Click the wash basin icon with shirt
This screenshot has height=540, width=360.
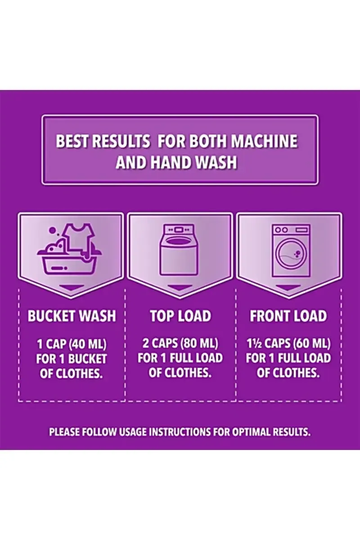pos(69,249)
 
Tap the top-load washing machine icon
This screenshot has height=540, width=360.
pos(179,250)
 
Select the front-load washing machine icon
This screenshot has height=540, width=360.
pos(291,251)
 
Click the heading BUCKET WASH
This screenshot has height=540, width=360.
pos(72,315)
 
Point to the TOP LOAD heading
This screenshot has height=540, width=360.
pos(180,315)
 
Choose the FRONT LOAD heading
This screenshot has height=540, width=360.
pos(288,315)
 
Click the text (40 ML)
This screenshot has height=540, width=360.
pos(88,344)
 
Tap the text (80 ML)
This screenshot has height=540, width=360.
pos(200,343)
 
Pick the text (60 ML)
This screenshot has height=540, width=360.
pos(312,343)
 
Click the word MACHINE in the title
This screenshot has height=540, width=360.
pos(264,141)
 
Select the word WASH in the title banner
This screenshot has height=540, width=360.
pos(216,162)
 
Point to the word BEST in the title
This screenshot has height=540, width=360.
pos(73,141)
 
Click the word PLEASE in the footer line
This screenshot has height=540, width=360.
pos(64,432)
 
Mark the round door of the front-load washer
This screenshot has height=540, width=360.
pos(291,254)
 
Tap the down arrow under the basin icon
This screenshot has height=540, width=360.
pos(72,288)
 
